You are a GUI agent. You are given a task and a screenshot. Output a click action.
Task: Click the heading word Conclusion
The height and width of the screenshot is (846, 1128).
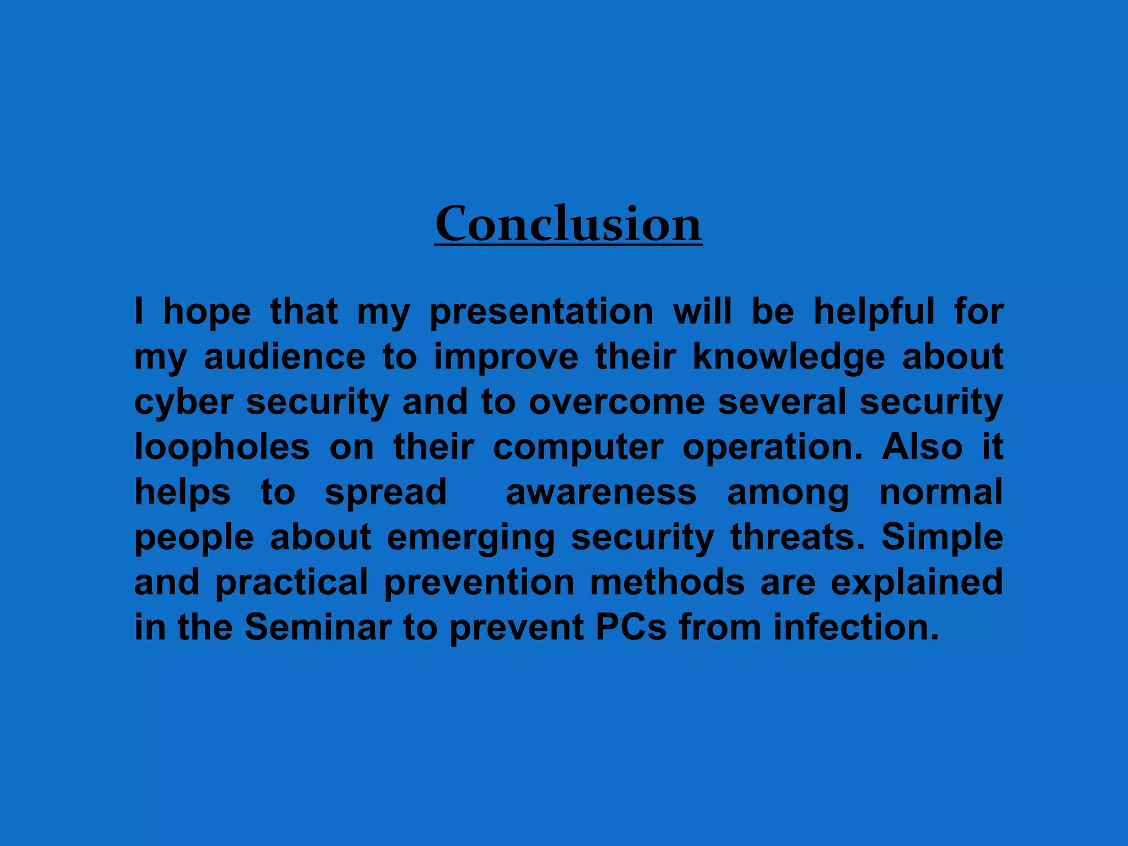point(568,224)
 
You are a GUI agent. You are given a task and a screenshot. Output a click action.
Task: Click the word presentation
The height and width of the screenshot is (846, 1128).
point(541,312)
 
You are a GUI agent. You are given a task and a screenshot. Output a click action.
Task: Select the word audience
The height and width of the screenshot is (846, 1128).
point(284,357)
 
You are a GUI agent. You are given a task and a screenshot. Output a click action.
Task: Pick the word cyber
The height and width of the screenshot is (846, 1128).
point(183,403)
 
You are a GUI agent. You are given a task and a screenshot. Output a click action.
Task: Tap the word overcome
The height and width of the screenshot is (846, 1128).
point(617,402)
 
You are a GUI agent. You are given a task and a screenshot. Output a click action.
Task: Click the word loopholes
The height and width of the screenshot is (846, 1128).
point(222,447)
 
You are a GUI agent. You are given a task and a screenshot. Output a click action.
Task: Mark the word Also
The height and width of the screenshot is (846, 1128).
point(922,447)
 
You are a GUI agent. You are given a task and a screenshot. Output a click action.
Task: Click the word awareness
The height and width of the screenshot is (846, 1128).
point(601,492)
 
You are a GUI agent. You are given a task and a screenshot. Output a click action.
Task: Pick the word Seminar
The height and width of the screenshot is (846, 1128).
point(318,627)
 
